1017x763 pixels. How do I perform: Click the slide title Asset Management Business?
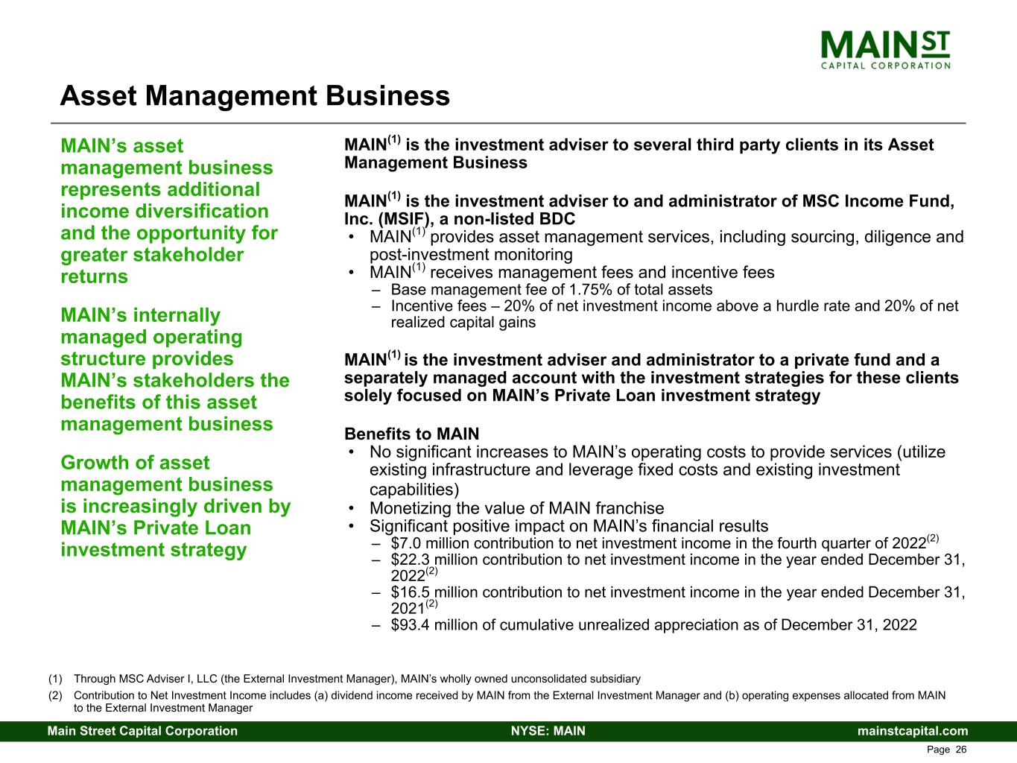click(x=255, y=96)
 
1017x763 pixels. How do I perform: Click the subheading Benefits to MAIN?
click(x=411, y=434)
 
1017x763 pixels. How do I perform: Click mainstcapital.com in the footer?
click(x=913, y=731)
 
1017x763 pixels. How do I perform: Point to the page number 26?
click(x=961, y=750)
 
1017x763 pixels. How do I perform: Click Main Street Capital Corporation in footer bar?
click(x=143, y=731)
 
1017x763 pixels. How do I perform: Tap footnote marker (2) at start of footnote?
click(x=55, y=696)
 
